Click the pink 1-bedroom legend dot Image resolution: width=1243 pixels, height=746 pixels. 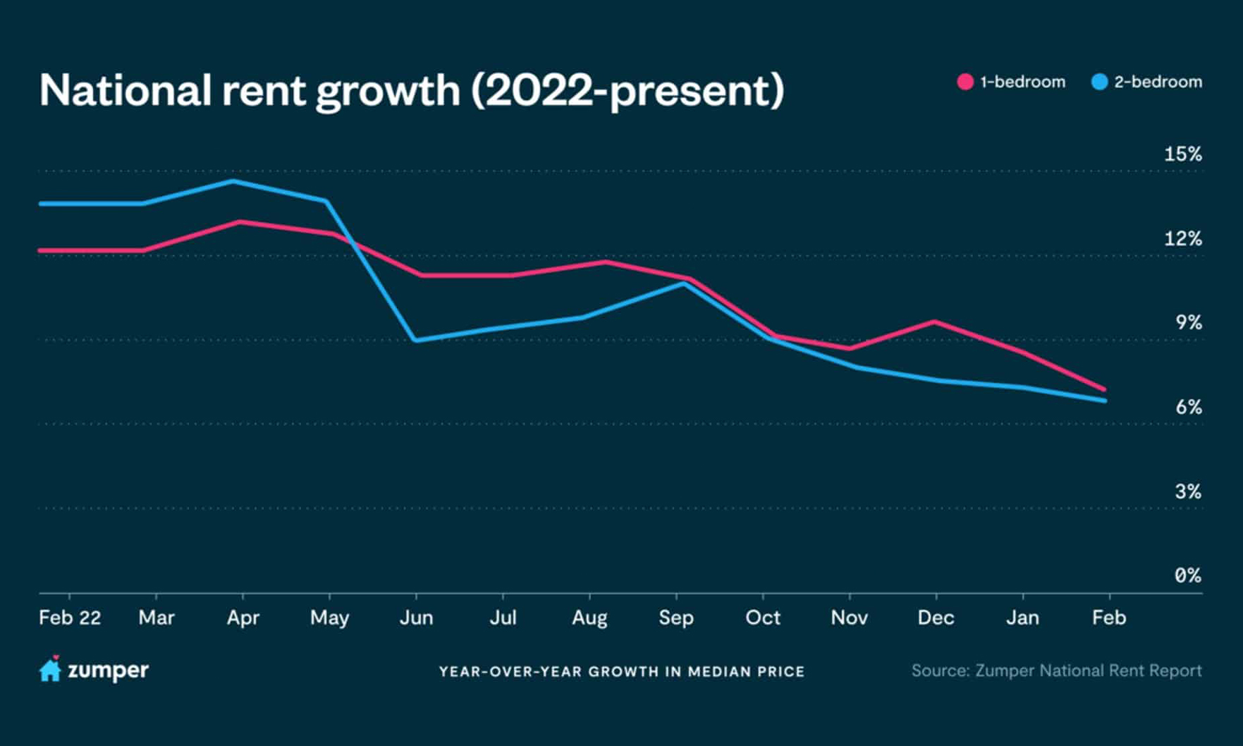pyautogui.click(x=965, y=82)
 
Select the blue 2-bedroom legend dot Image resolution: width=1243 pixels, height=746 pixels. pyautogui.click(x=1099, y=82)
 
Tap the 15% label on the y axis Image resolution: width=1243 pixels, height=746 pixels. pyautogui.click(x=1182, y=154)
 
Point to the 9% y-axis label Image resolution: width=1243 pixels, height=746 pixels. pyautogui.click(x=1188, y=323)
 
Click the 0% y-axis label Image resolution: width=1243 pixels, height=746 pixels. pyautogui.click(x=1187, y=576)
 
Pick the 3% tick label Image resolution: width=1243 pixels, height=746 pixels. pyautogui.click(x=1188, y=491)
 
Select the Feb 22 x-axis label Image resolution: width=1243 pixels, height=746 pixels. pyautogui.click(x=70, y=618)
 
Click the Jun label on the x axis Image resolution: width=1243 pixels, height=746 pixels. pyautogui.click(x=416, y=618)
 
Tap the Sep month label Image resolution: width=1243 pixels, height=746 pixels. pyautogui.click(x=676, y=618)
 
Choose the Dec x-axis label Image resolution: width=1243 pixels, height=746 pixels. pyautogui.click(x=936, y=618)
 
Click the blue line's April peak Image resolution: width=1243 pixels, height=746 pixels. pyautogui.click(x=233, y=181)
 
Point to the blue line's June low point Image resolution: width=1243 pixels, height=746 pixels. pyautogui.click(x=416, y=340)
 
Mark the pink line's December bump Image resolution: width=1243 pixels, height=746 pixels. pyautogui.click(x=934, y=322)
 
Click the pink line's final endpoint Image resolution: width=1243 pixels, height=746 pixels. pyautogui.click(x=1104, y=389)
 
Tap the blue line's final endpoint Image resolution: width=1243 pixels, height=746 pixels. pyautogui.click(x=1104, y=400)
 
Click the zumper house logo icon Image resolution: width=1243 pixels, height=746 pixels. pyautogui.click(x=50, y=669)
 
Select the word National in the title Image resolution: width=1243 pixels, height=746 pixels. pyautogui.click(x=125, y=90)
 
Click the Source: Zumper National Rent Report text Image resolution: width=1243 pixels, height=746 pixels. pyautogui.click(x=1056, y=671)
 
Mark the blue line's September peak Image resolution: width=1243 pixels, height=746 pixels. pyautogui.click(x=683, y=283)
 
